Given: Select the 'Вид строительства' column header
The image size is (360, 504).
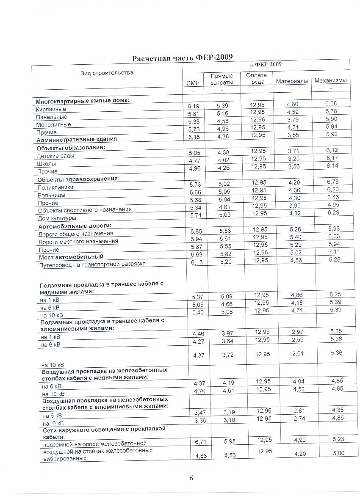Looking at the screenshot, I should click(107, 73).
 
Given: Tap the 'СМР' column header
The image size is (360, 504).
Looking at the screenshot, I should click(193, 83).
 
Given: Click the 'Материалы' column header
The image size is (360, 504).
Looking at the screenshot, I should click(291, 81).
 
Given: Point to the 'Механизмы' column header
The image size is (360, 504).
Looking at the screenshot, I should click(330, 80).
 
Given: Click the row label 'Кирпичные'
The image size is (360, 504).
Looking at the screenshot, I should click(51, 109).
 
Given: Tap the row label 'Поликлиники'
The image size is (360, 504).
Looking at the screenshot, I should click(55, 187).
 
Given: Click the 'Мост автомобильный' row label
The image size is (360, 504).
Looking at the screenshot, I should click(71, 257).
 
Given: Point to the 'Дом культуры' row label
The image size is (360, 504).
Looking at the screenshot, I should click(57, 218).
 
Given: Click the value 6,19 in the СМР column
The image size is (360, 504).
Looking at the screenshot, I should click(193, 105).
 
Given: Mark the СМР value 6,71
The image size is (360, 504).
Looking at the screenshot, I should click(194, 442).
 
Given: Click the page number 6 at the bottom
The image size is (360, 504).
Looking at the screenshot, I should click(191, 478).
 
